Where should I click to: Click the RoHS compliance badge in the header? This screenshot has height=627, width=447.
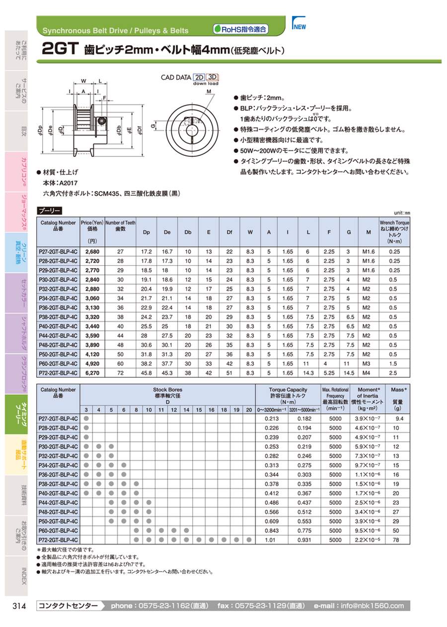[240, 29]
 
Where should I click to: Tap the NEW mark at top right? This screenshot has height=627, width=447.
[299, 27]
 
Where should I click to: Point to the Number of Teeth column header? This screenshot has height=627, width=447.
[120, 226]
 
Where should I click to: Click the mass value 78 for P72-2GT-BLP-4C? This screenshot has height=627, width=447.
[395, 540]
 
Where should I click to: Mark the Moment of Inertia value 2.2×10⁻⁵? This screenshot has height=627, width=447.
[368, 540]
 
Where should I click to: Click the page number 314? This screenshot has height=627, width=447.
[18, 606]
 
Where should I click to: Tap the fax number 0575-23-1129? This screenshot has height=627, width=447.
[261, 606]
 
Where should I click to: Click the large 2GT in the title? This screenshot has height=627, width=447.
[59, 49]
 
